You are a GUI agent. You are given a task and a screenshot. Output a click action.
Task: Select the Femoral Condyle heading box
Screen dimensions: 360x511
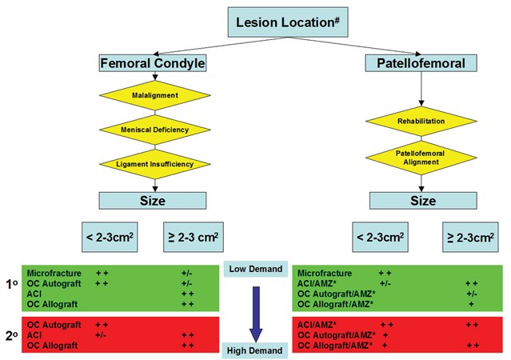tap(153, 62)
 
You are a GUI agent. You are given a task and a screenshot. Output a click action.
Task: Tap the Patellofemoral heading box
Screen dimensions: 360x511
tap(423, 62)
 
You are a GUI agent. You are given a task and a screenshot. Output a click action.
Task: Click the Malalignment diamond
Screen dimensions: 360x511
tap(154, 95)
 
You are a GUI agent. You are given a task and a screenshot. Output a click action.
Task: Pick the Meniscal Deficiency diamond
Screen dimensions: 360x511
tap(154, 130)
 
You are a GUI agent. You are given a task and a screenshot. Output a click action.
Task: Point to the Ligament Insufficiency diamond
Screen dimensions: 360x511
tap(154, 164)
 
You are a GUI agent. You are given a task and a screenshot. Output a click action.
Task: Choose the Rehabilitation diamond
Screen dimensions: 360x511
tap(423, 121)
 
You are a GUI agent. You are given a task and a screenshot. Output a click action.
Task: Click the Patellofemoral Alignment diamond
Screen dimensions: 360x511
tap(423, 157)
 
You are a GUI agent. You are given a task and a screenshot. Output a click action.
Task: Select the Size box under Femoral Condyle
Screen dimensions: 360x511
tap(154, 200)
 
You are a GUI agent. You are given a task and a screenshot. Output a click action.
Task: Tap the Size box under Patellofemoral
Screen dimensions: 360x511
tap(423, 200)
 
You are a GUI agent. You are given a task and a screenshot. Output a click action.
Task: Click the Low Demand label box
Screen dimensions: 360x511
tap(255, 269)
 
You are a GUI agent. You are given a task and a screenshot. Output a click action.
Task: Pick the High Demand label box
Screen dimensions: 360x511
tap(255, 350)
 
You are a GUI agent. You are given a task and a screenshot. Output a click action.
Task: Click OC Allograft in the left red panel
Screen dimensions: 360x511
tap(53, 346)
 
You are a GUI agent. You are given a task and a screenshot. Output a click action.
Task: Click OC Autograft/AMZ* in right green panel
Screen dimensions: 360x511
tap(336, 294)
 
